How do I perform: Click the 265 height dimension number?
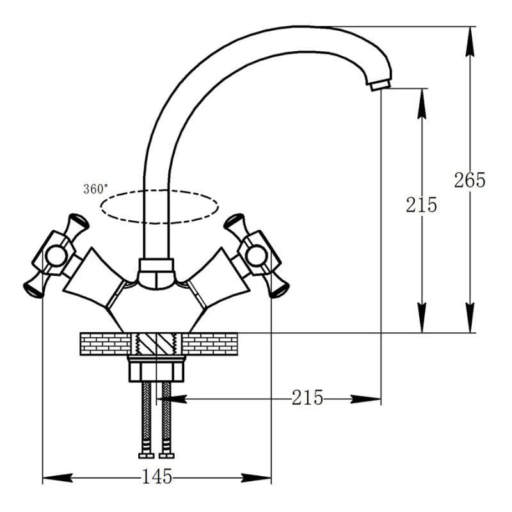[x=470, y=180]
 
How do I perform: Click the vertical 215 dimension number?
[x=421, y=205]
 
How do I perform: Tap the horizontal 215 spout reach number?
[x=307, y=397]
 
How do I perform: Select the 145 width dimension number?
[x=157, y=476]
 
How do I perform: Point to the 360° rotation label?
[x=95, y=189]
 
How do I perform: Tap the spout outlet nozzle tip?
[x=380, y=85]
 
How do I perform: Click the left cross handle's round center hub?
[x=56, y=255]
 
